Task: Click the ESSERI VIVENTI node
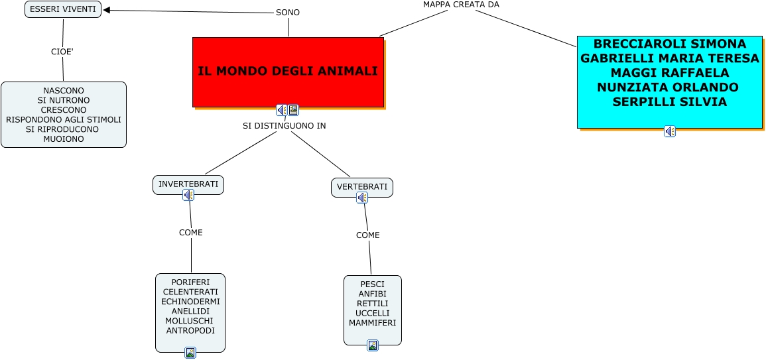point(63,9)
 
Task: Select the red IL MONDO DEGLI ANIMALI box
point(288,72)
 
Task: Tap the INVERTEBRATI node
point(188,184)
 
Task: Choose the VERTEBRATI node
point(362,187)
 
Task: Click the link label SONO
point(288,13)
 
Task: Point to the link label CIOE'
point(62,52)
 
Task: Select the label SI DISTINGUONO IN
point(285,125)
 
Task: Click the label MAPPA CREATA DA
point(461,5)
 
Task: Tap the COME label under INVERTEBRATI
point(191,233)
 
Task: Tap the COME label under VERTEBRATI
point(368,235)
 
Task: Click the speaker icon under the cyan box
point(670,131)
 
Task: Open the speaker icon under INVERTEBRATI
point(188,195)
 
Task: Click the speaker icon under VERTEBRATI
point(362,198)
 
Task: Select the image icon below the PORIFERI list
point(190,353)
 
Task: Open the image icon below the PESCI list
point(373,345)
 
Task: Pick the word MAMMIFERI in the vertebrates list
point(373,323)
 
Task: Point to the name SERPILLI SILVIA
point(669,102)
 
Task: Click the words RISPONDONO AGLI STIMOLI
point(64,119)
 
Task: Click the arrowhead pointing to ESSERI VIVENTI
point(107,10)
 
